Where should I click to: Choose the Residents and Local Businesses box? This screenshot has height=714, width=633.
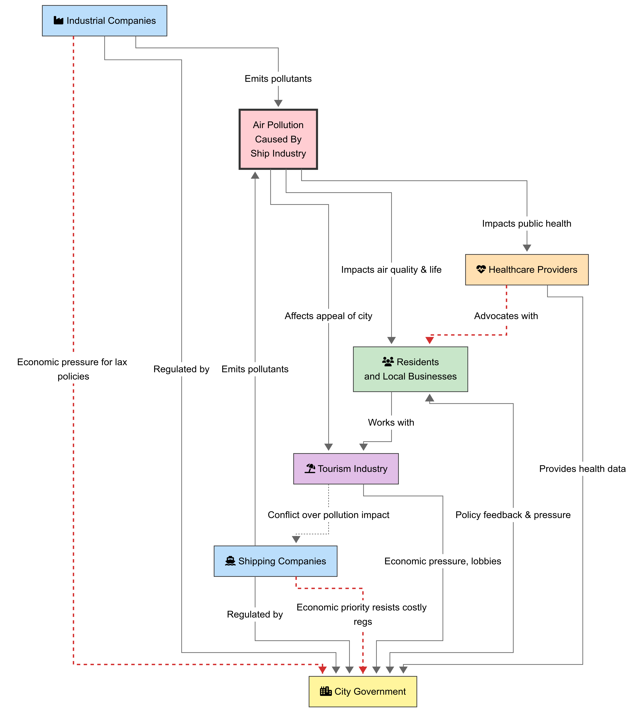pyautogui.click(x=410, y=369)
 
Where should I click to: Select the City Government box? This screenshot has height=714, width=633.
pyautogui.click(x=363, y=692)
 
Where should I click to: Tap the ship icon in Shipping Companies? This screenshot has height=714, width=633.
pyautogui.click(x=230, y=561)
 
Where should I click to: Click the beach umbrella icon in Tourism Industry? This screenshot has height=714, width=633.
pyautogui.click(x=310, y=468)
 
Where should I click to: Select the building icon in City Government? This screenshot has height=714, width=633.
pyautogui.click(x=326, y=691)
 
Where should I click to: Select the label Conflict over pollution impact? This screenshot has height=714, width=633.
pyautogui.click(x=328, y=515)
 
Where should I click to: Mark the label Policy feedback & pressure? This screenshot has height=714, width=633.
pyautogui.click(x=513, y=515)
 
